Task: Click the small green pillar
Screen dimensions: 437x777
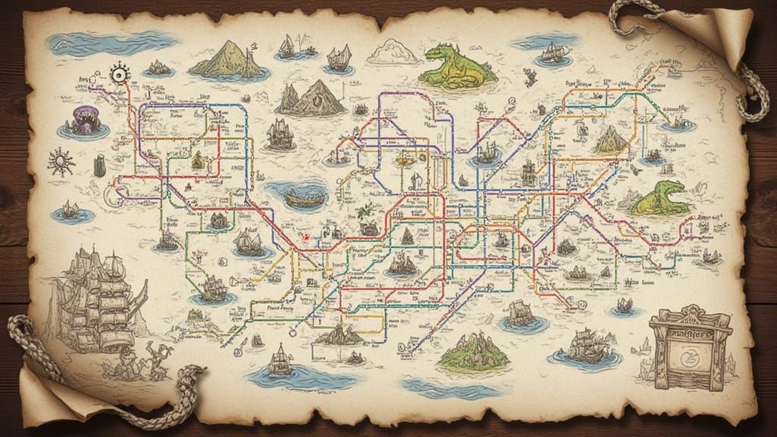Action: tap(99, 165)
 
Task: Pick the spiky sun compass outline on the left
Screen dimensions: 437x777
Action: tap(60, 162)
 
